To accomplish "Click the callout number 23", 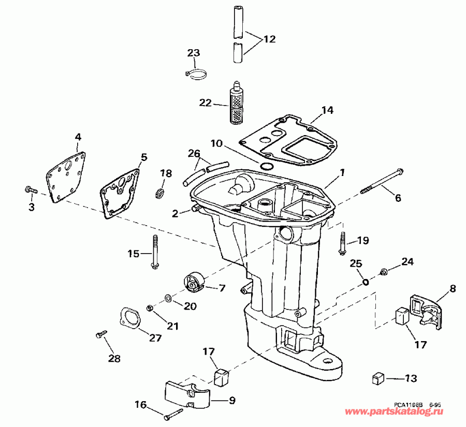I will click(193, 53).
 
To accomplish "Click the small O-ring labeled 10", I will click(266, 166).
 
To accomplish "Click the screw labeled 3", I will click(30, 190).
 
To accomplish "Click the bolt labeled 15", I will click(155, 252).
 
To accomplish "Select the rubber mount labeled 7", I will click(194, 282).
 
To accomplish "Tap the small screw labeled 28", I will click(100, 335).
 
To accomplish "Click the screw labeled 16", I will click(173, 414).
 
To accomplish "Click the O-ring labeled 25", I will click(366, 282).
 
